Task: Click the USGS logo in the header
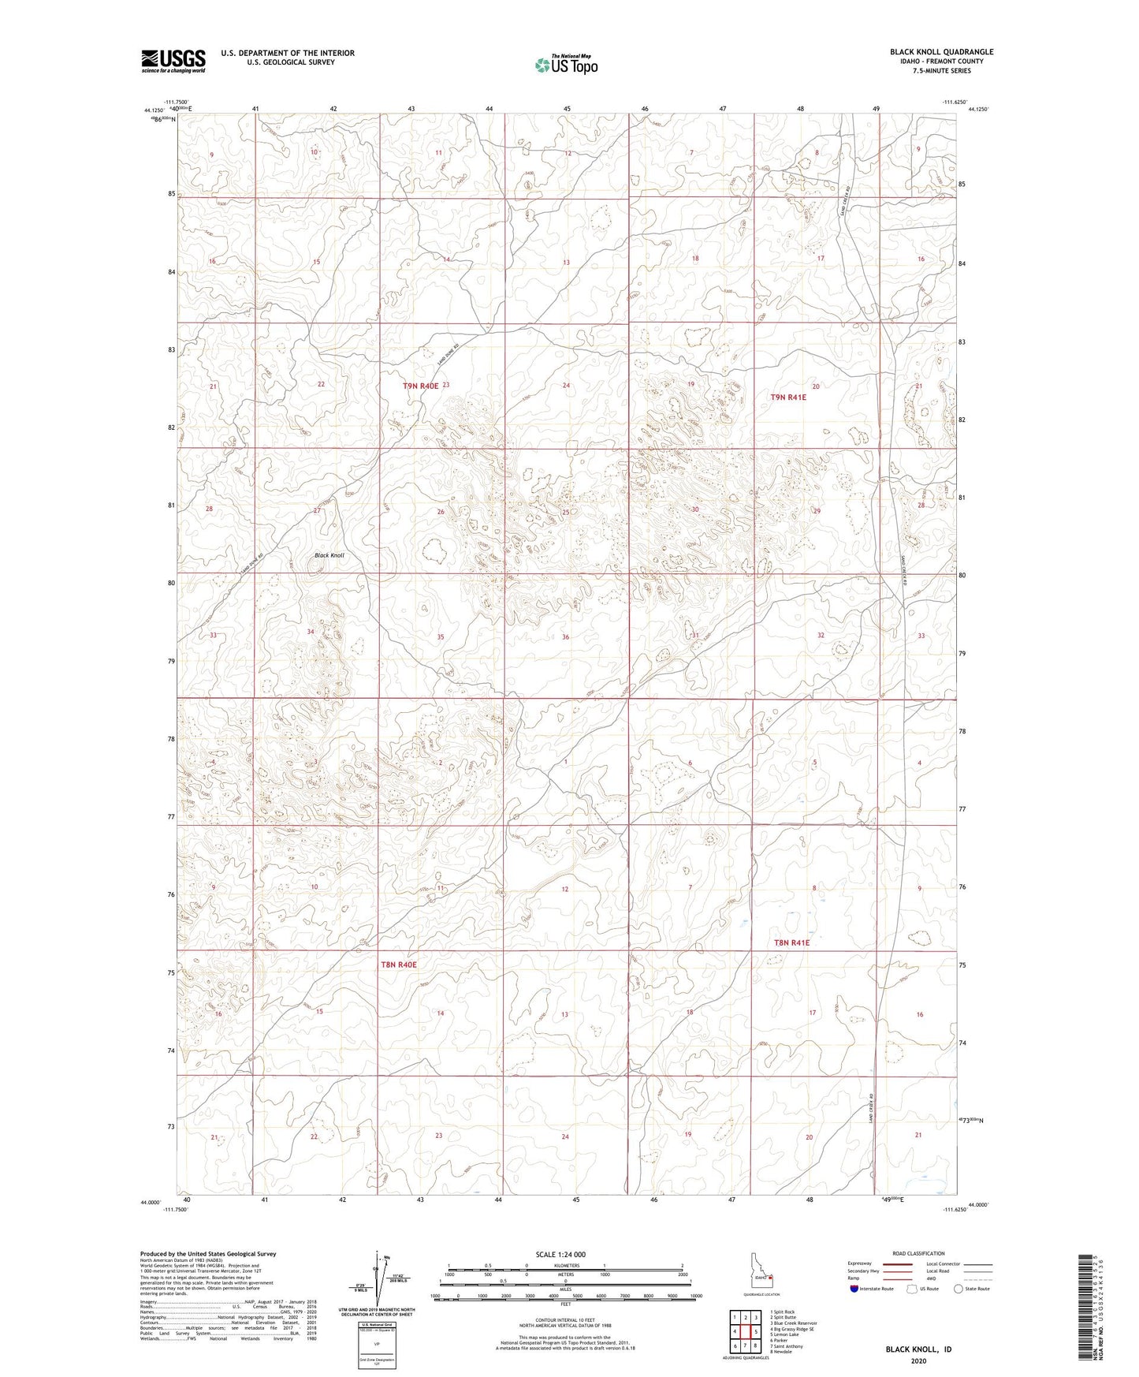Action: pyautogui.click(x=173, y=61)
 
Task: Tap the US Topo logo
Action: pyautogui.click(x=565, y=65)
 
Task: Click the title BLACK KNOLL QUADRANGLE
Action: pyautogui.click(x=941, y=52)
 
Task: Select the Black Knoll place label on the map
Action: pyautogui.click(x=329, y=555)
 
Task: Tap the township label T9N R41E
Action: pyautogui.click(x=788, y=397)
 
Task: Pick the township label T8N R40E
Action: pyautogui.click(x=398, y=965)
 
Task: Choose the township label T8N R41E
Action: pyautogui.click(x=791, y=942)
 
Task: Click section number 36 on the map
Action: pyautogui.click(x=565, y=637)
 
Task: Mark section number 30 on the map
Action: pyautogui.click(x=695, y=509)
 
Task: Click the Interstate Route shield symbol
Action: pyautogui.click(x=855, y=1289)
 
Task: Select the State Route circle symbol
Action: pyautogui.click(x=958, y=1289)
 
